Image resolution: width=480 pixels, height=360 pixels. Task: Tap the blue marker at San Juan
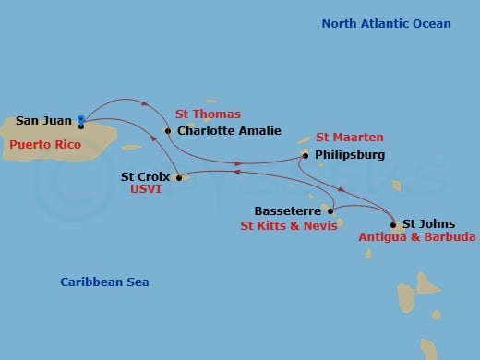[81, 119]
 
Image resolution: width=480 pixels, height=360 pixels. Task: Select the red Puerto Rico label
[42, 145]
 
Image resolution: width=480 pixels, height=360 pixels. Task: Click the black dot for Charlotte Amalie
[168, 131]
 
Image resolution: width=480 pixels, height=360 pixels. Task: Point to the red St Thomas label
[208, 114]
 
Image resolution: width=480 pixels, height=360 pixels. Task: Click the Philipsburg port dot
[305, 156]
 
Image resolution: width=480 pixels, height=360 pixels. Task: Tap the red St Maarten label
[350, 137]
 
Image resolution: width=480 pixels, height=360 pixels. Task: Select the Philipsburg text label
[349, 155]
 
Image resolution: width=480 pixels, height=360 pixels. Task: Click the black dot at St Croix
[179, 175]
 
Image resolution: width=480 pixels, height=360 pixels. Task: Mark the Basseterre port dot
[330, 210]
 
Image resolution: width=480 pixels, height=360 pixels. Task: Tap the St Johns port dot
[394, 224]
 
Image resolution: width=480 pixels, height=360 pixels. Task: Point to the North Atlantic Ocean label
[386, 23]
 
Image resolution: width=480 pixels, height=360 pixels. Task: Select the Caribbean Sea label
[104, 282]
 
